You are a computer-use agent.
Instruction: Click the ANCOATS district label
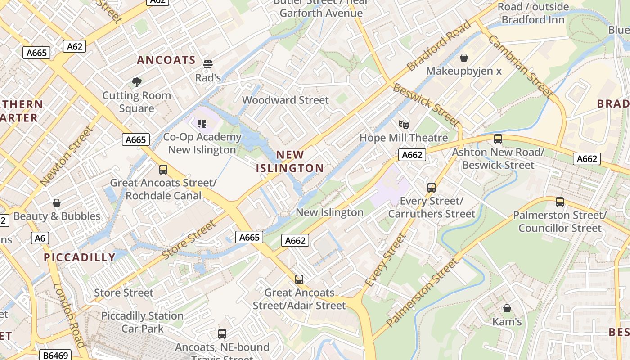pyautogui.click(x=166, y=60)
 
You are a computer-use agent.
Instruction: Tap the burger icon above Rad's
pyautogui.click(x=207, y=64)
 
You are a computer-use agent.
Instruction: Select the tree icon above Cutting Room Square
pyautogui.click(x=137, y=82)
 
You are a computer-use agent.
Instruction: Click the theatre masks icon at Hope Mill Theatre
pyautogui.click(x=403, y=124)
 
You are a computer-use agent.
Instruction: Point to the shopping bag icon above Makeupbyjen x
pyautogui.click(x=464, y=58)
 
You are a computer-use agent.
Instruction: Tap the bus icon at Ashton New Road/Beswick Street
pyautogui.click(x=498, y=139)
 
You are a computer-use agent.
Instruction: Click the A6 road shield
pyautogui.click(x=40, y=238)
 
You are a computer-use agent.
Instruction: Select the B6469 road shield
pyautogui.click(x=55, y=355)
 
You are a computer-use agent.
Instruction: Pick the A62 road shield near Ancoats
pyautogui.click(x=74, y=46)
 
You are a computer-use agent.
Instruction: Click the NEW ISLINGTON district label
pyautogui.click(x=290, y=162)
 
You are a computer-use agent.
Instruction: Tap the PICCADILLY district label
pyautogui.click(x=80, y=257)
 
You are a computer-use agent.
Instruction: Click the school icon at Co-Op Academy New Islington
pyautogui.click(x=202, y=123)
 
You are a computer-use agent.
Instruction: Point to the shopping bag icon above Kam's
pyautogui.click(x=507, y=308)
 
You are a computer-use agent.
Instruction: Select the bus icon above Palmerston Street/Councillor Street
pyautogui.click(x=560, y=202)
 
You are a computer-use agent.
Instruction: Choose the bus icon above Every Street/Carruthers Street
pyautogui.click(x=432, y=188)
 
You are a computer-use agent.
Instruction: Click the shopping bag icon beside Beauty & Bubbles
pyautogui.click(x=57, y=203)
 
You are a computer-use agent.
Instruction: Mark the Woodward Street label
pyautogui.click(x=285, y=100)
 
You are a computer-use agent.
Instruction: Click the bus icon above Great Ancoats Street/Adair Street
pyautogui.click(x=299, y=279)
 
